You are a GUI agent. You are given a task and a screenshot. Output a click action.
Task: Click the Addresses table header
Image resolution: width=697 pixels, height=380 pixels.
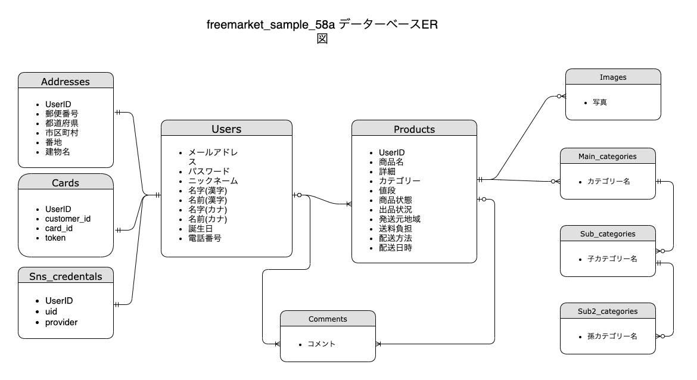click(66, 81)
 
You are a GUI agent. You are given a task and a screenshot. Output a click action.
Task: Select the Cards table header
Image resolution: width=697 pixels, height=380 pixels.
click(66, 182)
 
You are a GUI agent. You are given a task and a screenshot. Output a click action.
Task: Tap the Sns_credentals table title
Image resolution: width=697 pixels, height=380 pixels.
click(66, 276)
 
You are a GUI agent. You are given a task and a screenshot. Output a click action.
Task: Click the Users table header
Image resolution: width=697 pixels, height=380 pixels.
click(226, 129)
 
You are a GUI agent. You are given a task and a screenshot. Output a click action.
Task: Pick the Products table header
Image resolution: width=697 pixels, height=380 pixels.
click(414, 129)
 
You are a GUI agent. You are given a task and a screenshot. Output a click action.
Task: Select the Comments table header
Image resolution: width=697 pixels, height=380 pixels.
click(328, 319)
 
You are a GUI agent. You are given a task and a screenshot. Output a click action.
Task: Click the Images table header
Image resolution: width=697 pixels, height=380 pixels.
click(613, 77)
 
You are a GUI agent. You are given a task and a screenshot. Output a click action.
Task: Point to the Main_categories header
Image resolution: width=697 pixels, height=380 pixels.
click(608, 156)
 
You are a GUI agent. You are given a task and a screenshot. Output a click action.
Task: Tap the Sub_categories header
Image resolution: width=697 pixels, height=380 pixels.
click(608, 233)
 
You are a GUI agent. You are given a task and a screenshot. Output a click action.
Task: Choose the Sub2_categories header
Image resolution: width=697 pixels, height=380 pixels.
click(608, 311)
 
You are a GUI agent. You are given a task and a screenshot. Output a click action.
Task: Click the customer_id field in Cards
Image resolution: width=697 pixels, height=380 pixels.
click(68, 219)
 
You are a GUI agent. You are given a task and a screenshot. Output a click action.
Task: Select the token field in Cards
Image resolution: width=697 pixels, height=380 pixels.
click(55, 238)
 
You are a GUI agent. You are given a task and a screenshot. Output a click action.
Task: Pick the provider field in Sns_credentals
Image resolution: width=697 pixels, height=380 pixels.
click(61, 322)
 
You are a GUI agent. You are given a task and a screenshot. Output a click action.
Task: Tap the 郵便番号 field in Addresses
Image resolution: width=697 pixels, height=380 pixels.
click(62, 114)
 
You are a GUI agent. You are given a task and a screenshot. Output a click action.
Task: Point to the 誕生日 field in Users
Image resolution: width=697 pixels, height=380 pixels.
click(201, 229)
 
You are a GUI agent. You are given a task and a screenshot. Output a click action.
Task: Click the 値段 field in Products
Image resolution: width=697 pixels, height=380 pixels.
click(387, 191)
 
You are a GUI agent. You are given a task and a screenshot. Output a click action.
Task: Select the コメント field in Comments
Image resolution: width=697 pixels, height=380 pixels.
click(322, 344)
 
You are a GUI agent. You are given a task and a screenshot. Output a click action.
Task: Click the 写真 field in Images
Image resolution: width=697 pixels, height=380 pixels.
click(600, 102)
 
